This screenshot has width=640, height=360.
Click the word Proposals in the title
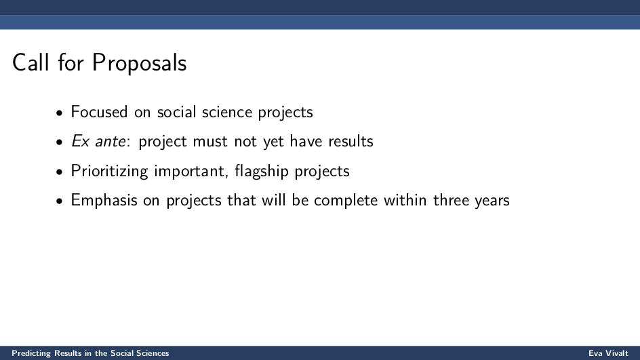139,63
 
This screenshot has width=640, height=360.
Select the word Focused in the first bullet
99,112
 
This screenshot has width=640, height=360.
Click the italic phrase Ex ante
98,141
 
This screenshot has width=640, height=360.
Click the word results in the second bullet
351,141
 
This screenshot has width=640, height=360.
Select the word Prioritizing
109,171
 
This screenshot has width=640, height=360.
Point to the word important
191,171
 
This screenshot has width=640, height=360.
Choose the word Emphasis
104,201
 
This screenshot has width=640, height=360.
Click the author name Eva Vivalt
608,353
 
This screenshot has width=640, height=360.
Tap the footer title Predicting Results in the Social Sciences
90,353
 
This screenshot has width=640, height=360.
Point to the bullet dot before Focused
60,113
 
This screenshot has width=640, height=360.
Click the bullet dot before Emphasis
60,201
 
